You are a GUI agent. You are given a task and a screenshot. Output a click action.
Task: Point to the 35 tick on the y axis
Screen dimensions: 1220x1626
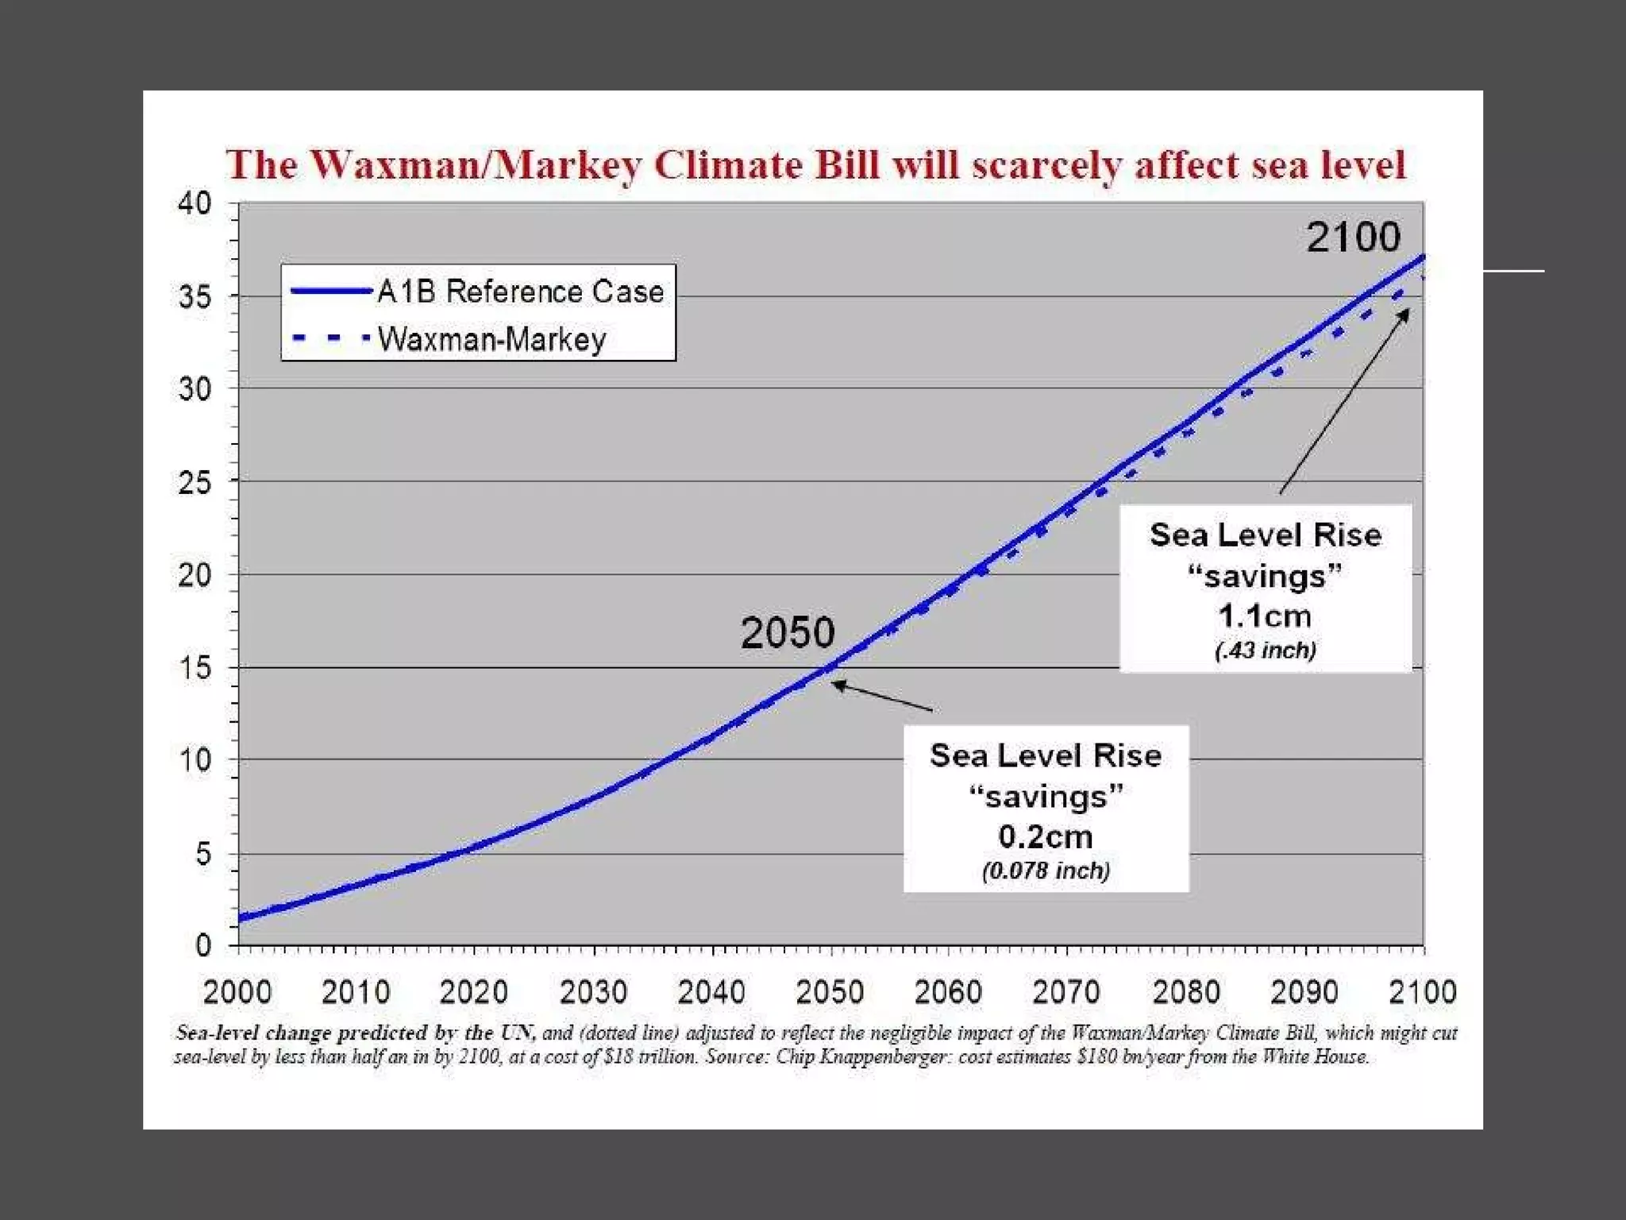pyautogui.click(x=195, y=297)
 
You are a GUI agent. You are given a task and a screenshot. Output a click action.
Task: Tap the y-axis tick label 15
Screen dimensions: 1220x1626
pyautogui.click(x=195, y=668)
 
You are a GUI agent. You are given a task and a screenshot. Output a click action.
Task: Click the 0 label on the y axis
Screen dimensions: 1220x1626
pyautogui.click(x=203, y=945)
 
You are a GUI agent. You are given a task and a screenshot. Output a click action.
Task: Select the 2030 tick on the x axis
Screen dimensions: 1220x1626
pyautogui.click(x=593, y=992)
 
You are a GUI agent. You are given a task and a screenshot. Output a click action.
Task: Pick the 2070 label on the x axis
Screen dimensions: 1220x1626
pyautogui.click(x=1066, y=992)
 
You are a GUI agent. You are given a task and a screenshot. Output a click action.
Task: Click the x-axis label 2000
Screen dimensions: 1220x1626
pyautogui.click(x=237, y=992)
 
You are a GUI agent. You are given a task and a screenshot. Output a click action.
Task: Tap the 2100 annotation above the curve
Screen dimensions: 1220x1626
pyautogui.click(x=1353, y=237)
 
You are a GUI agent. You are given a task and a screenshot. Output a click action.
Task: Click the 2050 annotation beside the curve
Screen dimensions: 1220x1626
pyautogui.click(x=788, y=633)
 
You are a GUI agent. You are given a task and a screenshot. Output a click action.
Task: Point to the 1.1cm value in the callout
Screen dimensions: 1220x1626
pyautogui.click(x=1265, y=616)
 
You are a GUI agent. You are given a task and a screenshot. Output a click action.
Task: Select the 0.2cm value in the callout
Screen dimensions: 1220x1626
pyautogui.click(x=1046, y=836)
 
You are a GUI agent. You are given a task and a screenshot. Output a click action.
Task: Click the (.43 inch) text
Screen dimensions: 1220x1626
pyautogui.click(x=1266, y=651)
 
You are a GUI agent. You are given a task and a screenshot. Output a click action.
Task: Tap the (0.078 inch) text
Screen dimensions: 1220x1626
pyautogui.click(x=1046, y=871)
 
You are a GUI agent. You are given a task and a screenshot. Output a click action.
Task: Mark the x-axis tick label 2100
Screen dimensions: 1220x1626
pyautogui.click(x=1422, y=992)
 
